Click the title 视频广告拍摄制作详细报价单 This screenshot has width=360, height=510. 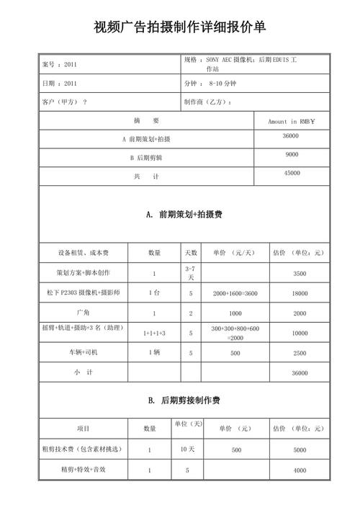(180, 28)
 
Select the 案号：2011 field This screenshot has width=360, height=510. (60, 64)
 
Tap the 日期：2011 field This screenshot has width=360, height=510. (60, 83)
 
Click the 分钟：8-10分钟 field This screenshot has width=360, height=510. (214, 83)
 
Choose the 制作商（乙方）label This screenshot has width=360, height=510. (208, 102)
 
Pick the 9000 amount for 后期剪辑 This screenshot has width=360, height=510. (291, 154)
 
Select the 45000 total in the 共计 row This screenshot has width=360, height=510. (291, 173)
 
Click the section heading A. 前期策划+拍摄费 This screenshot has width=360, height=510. (180, 215)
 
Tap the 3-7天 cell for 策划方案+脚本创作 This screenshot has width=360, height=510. (191, 272)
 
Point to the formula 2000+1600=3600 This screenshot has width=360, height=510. (235, 294)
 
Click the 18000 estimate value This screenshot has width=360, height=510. (300, 294)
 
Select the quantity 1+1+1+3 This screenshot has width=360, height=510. (154, 334)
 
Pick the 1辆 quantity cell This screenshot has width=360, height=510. (154, 352)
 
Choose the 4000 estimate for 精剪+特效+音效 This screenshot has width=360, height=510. (300, 470)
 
